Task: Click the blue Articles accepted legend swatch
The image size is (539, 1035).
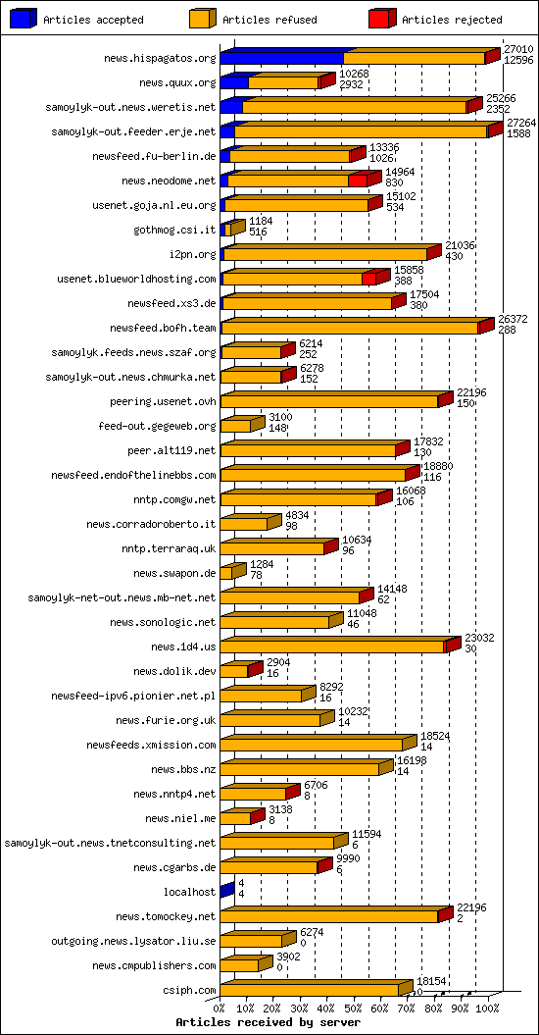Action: (x=23, y=18)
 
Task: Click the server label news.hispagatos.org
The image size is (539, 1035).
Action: (x=159, y=59)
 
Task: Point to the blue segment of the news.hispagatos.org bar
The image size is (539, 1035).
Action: (x=281, y=58)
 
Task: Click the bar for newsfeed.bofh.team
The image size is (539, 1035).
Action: (x=353, y=327)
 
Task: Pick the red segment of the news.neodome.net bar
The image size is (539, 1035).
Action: (x=357, y=180)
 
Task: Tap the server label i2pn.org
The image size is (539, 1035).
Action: (x=192, y=254)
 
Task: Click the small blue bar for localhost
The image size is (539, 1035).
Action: (x=225, y=891)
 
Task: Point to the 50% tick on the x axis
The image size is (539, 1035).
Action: (x=354, y=1007)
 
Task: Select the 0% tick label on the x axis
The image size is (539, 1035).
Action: (x=220, y=1007)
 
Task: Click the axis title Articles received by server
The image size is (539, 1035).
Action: (x=268, y=1022)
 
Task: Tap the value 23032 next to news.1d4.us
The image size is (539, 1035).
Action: (x=479, y=638)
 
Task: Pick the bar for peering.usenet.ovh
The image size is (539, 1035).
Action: (x=331, y=400)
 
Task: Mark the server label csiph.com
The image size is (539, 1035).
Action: (x=188, y=990)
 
